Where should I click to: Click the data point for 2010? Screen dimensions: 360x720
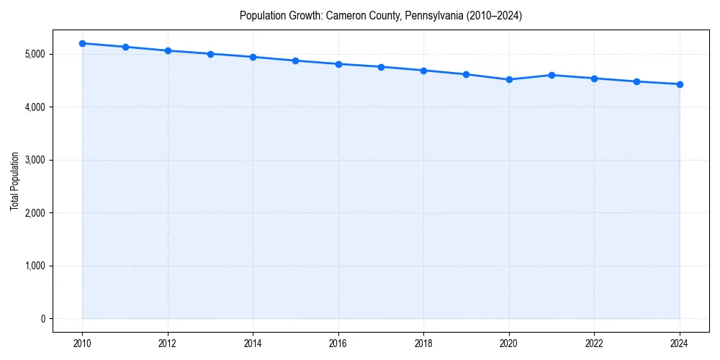[x=83, y=43]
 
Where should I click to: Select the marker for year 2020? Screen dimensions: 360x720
[x=509, y=80]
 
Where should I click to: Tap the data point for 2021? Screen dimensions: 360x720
[x=552, y=75]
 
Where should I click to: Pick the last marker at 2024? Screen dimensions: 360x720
[x=680, y=84]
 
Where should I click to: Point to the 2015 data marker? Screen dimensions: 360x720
[x=296, y=60]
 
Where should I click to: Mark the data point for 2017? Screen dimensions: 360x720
[x=381, y=67]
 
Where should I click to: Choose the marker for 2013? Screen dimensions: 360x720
[x=210, y=54]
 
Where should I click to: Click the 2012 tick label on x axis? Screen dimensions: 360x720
[x=168, y=343]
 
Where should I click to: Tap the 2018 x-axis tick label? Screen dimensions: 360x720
[x=423, y=343]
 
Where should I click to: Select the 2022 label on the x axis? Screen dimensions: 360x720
[x=594, y=343]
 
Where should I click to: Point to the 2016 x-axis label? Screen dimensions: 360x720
[x=338, y=343]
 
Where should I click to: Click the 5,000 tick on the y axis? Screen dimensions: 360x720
[x=34, y=54]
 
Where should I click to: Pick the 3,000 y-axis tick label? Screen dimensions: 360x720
[x=34, y=160]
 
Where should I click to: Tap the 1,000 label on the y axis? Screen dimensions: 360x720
[x=34, y=266]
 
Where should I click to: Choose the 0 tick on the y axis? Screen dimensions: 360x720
[x=42, y=319]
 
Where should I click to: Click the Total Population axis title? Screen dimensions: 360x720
[x=14, y=181]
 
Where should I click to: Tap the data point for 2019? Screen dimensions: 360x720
[x=467, y=74]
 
